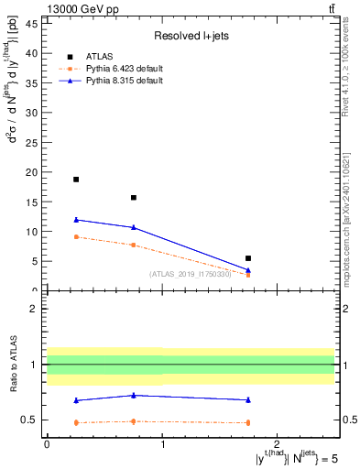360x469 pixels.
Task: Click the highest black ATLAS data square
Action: tap(76, 180)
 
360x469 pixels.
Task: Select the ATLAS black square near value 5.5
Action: tap(248, 258)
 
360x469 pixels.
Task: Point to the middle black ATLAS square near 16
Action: tap(134, 198)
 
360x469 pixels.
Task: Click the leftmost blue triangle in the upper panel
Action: tap(76, 220)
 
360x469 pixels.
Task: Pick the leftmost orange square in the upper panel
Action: tap(76, 237)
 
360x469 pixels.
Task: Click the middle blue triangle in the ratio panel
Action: tap(134, 395)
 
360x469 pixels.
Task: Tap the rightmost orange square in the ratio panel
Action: tap(248, 422)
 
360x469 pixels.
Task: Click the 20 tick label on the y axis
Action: tap(34, 172)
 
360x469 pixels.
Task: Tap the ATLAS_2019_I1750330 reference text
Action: tap(189, 274)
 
